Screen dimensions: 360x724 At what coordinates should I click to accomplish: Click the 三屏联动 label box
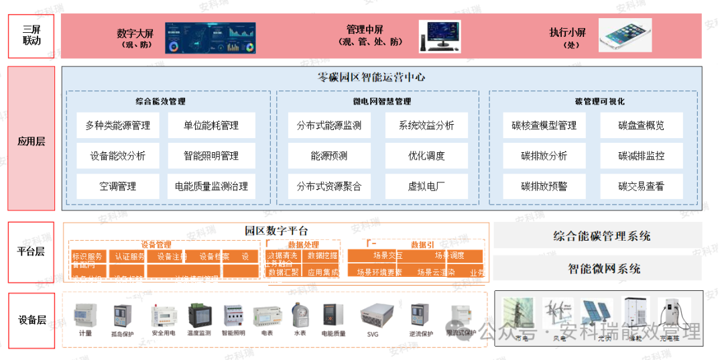(31, 35)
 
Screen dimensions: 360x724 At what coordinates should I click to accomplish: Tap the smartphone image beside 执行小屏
(625, 35)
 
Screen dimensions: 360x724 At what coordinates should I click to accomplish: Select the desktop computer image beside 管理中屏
(440, 36)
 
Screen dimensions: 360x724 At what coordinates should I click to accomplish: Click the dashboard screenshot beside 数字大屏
(211, 37)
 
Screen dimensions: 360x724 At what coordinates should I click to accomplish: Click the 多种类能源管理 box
(118, 125)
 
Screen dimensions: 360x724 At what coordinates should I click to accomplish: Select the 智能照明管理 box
(211, 156)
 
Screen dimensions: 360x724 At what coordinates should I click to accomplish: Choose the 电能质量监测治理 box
(211, 186)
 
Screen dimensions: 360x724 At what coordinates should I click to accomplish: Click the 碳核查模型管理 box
(544, 125)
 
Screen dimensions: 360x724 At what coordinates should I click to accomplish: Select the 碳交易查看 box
(641, 186)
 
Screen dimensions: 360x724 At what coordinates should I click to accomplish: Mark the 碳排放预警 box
(544, 186)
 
